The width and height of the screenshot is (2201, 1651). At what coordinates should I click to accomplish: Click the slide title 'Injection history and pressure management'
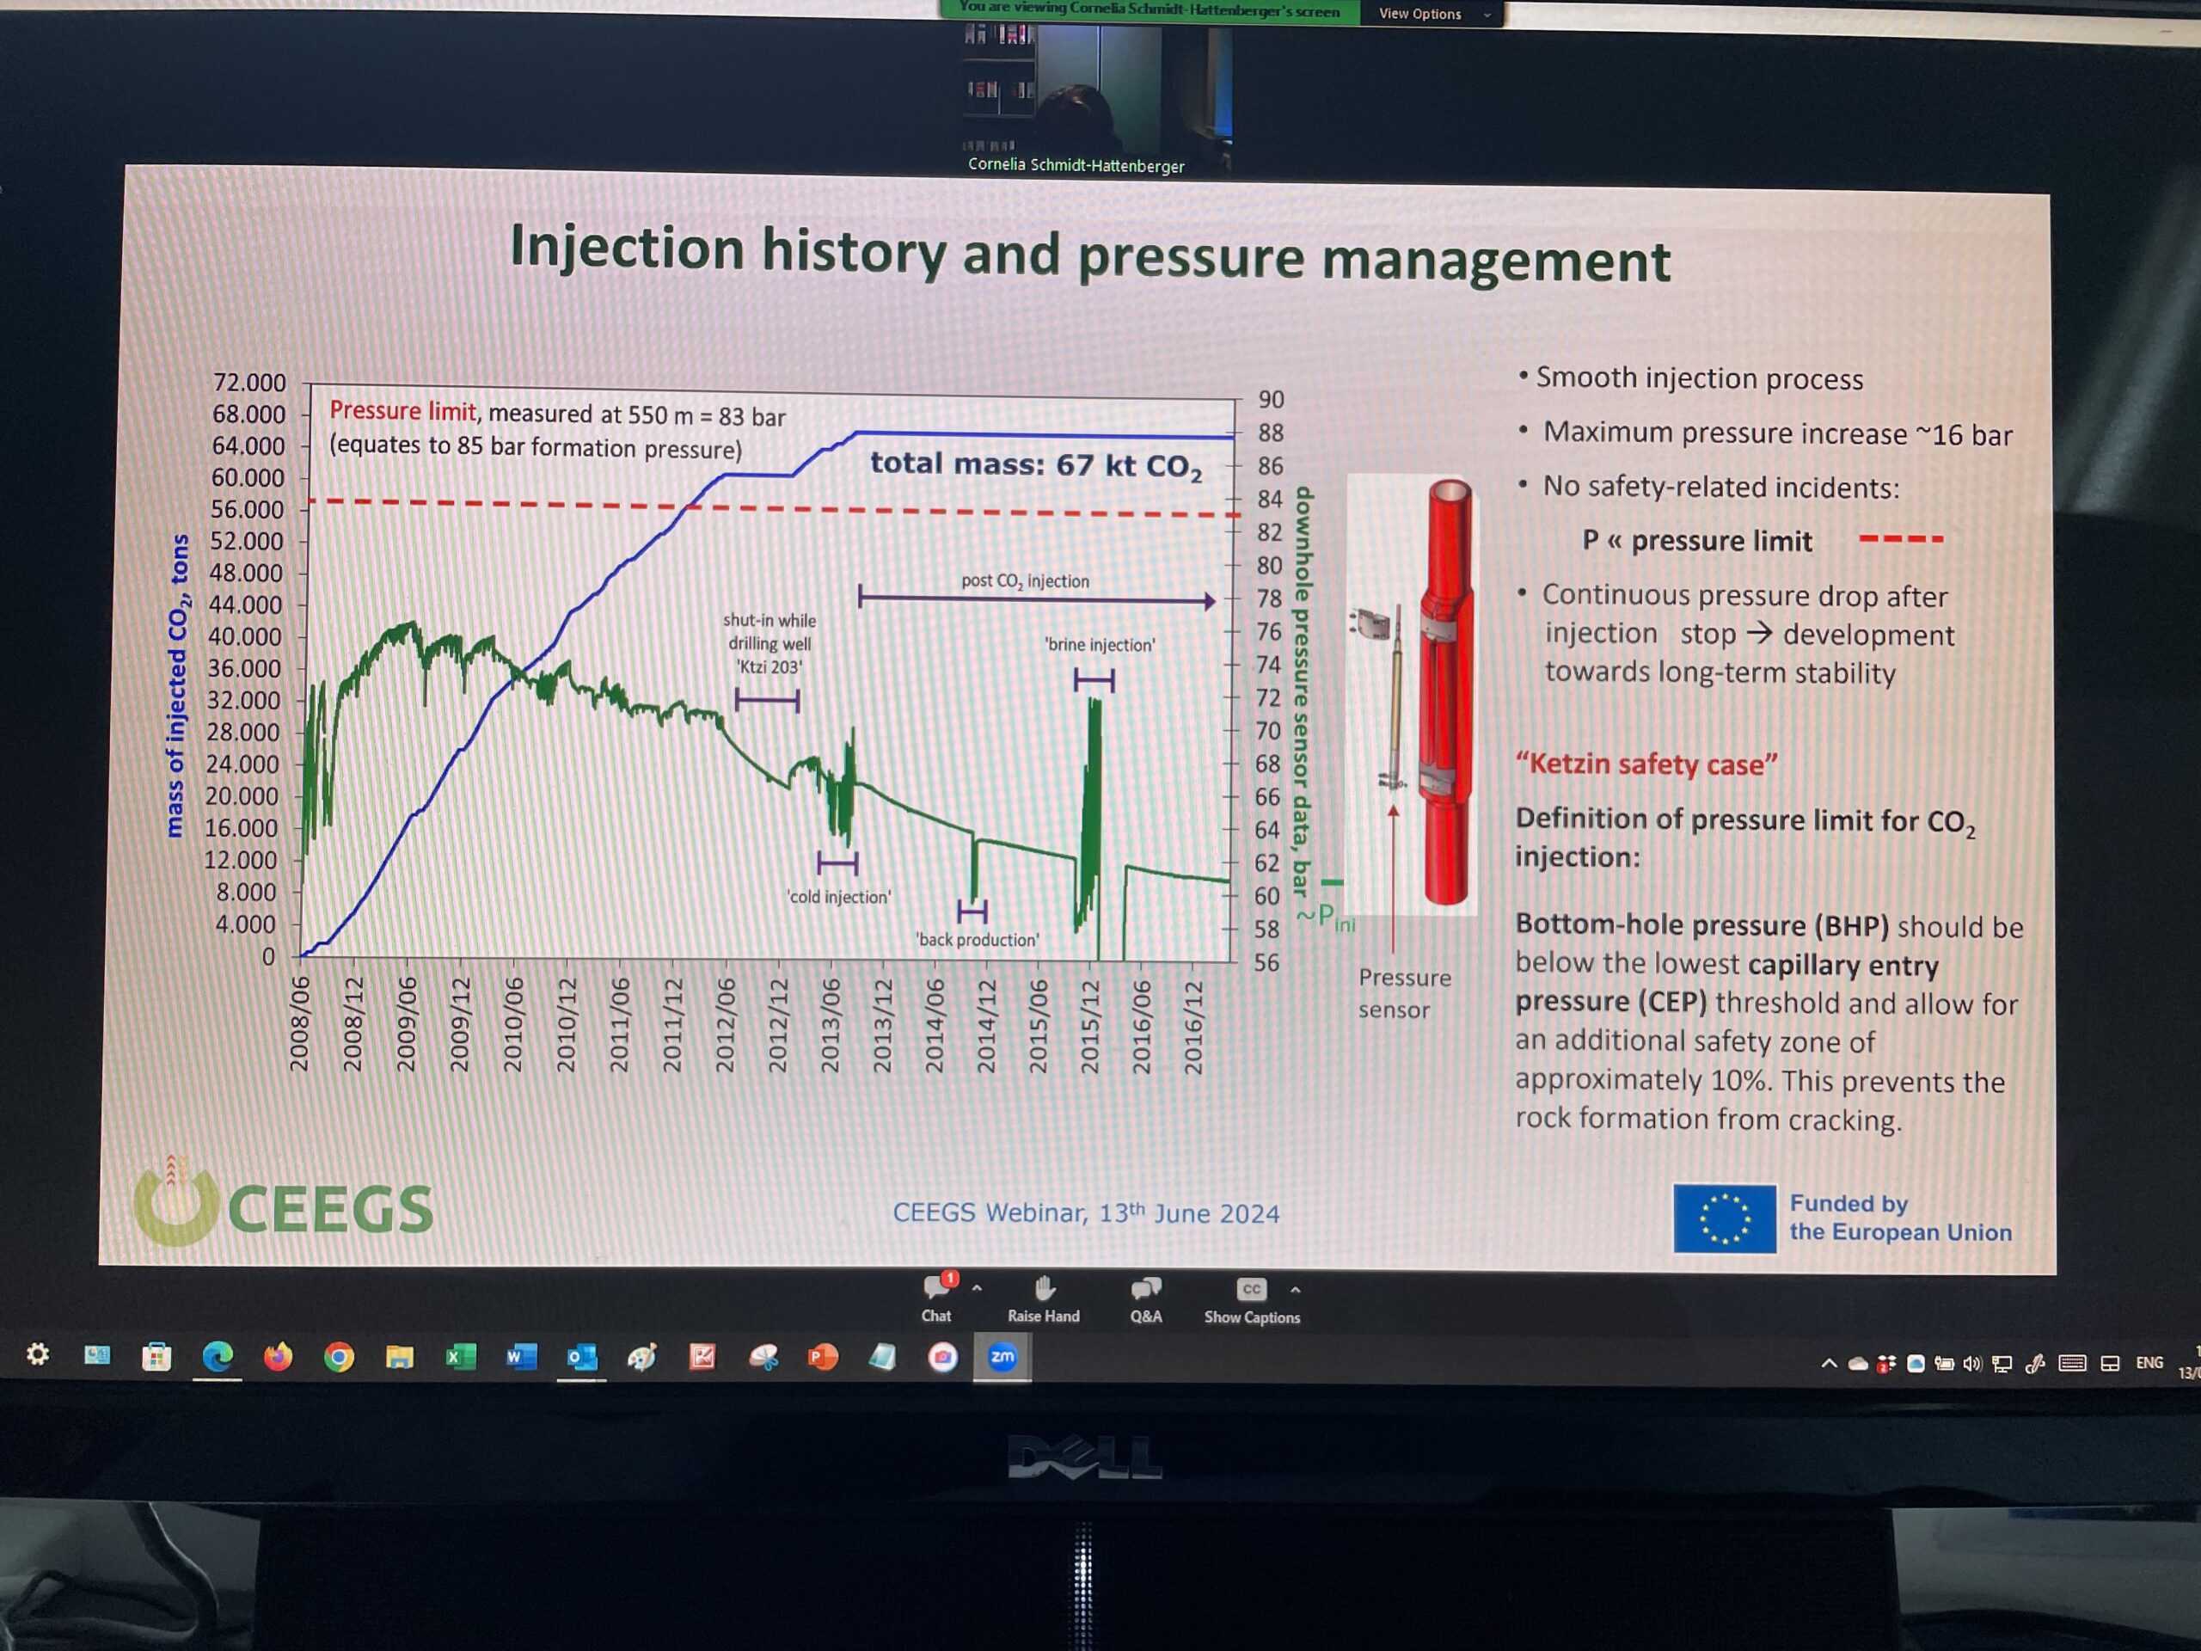pos(1089,254)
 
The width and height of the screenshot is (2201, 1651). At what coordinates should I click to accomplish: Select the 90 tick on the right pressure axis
pos(1271,400)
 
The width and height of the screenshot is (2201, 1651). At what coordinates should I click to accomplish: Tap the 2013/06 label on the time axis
pos(831,1025)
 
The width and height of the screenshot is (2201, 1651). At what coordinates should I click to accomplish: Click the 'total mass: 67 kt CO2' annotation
pos(1036,464)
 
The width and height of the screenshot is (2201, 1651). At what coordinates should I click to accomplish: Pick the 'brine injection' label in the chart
pos(1100,645)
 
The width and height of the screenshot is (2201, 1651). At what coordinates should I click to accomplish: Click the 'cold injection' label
pos(839,897)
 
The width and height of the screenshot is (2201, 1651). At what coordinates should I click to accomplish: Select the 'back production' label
pos(977,940)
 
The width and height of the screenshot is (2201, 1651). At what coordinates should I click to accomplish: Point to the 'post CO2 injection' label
pos(1025,581)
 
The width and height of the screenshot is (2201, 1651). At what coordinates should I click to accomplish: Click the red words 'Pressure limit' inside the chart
pos(403,411)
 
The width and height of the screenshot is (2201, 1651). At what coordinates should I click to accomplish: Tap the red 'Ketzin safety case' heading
pos(1646,764)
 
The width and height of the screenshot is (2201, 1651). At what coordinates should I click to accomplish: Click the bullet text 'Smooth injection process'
pos(1699,378)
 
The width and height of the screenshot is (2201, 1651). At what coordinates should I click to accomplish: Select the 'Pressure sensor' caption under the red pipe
pos(1404,993)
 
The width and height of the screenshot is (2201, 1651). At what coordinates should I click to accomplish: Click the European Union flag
pos(1725,1218)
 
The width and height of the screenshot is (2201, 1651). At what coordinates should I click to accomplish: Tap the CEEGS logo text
pos(330,1209)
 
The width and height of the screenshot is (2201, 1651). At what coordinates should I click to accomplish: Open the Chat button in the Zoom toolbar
pos(936,1298)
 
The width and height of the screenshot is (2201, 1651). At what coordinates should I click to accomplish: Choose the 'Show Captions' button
pos(1252,1302)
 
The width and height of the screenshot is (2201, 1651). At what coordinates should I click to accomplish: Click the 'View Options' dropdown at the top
pos(1433,14)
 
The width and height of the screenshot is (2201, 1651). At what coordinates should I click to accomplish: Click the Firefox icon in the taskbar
pos(278,1355)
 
